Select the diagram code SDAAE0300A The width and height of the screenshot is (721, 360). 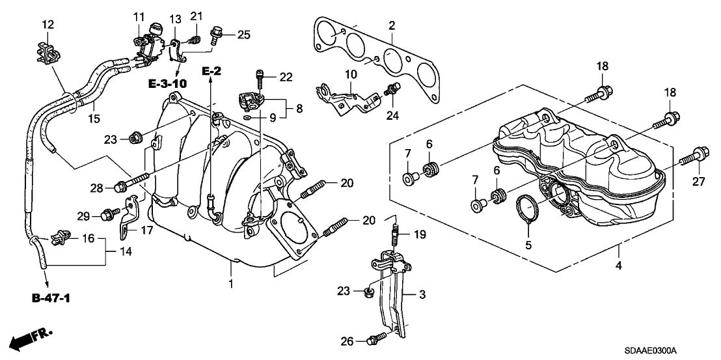click(x=650, y=350)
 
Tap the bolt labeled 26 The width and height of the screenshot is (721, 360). click(x=375, y=339)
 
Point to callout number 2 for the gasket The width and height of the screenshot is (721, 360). click(x=392, y=26)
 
